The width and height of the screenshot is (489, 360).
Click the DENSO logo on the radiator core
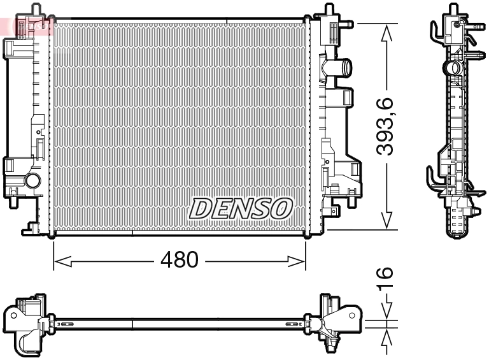[241, 208]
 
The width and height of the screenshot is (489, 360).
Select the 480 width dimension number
[179, 260]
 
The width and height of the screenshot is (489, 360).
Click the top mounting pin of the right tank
[329, 10]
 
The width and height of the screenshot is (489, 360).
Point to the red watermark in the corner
[25, 25]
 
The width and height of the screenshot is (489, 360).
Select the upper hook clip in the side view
[434, 29]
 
